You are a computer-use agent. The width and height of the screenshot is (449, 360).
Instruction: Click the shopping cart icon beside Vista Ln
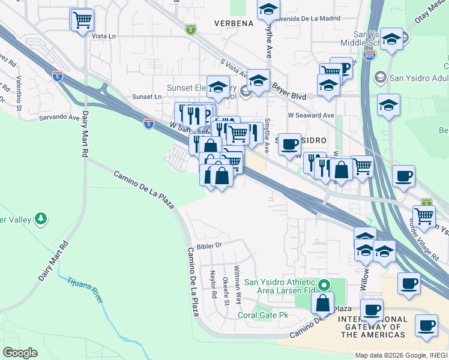[x=82, y=20]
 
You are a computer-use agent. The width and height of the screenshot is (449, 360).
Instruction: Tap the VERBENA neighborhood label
[x=234, y=23]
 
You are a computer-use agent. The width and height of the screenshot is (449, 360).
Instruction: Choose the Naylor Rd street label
[x=213, y=284]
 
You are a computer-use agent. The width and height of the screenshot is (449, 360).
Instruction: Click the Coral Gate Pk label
[x=264, y=314]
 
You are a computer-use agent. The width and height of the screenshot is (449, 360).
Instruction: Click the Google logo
[x=20, y=353]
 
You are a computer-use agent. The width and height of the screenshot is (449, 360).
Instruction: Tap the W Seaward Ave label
[x=310, y=115]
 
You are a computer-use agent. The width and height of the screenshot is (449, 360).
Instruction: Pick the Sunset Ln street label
[x=146, y=97]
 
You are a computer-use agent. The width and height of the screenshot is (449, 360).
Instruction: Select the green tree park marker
[x=41, y=219]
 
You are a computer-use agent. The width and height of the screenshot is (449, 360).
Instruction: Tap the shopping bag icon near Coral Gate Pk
[x=323, y=303]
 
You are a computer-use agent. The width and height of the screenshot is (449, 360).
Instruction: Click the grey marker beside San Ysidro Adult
[x=380, y=77]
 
